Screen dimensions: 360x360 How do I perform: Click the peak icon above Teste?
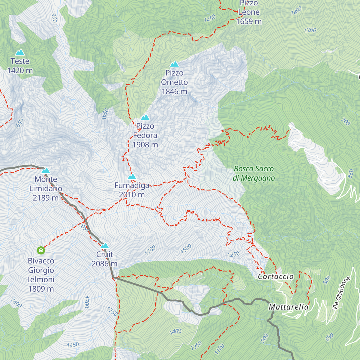tap(20, 52)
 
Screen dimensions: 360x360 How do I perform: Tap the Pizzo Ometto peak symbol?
tap(174, 64)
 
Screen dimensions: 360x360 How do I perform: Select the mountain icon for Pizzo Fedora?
tap(145, 117)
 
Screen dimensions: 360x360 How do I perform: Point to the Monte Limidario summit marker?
tap(46, 170)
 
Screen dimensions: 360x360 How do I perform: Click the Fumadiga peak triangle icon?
tap(132, 177)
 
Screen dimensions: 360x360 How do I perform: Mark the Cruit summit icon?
tap(104, 246)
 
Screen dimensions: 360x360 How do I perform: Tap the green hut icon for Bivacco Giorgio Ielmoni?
tap(41, 250)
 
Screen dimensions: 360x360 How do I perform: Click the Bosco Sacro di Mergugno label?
tap(254, 173)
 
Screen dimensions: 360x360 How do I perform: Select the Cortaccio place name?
tap(276, 277)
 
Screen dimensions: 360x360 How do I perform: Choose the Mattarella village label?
tap(289, 307)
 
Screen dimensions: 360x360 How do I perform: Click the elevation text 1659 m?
tap(249, 22)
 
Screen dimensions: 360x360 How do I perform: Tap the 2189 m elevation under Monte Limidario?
tap(46, 198)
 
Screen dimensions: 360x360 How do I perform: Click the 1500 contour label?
tap(186, 249)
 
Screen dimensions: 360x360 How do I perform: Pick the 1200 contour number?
tap(310, 30)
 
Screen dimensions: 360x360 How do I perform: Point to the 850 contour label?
tap(350, 174)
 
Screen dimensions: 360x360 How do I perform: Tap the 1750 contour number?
tap(112, 311)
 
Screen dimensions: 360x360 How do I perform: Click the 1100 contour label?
tap(220, 349)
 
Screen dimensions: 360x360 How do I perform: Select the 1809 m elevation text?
tap(41, 289)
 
